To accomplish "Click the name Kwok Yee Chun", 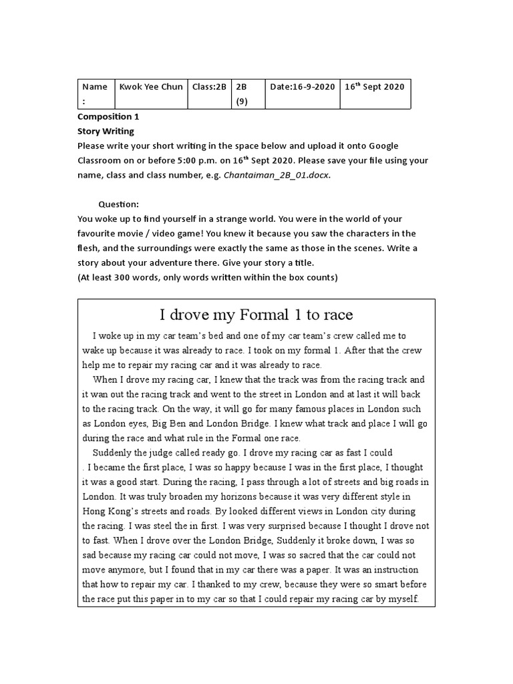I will point(150,87).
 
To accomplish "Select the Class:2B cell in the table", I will point(209,87).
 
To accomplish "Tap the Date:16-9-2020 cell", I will point(303,87).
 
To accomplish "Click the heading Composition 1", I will point(108,117).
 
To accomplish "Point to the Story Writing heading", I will point(106,131).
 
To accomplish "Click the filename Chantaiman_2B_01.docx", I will point(277,175).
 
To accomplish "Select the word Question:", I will point(118,204).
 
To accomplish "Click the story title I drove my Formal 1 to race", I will point(256,315).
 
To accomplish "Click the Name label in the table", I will point(94,87).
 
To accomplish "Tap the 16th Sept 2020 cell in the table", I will point(374,87).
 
